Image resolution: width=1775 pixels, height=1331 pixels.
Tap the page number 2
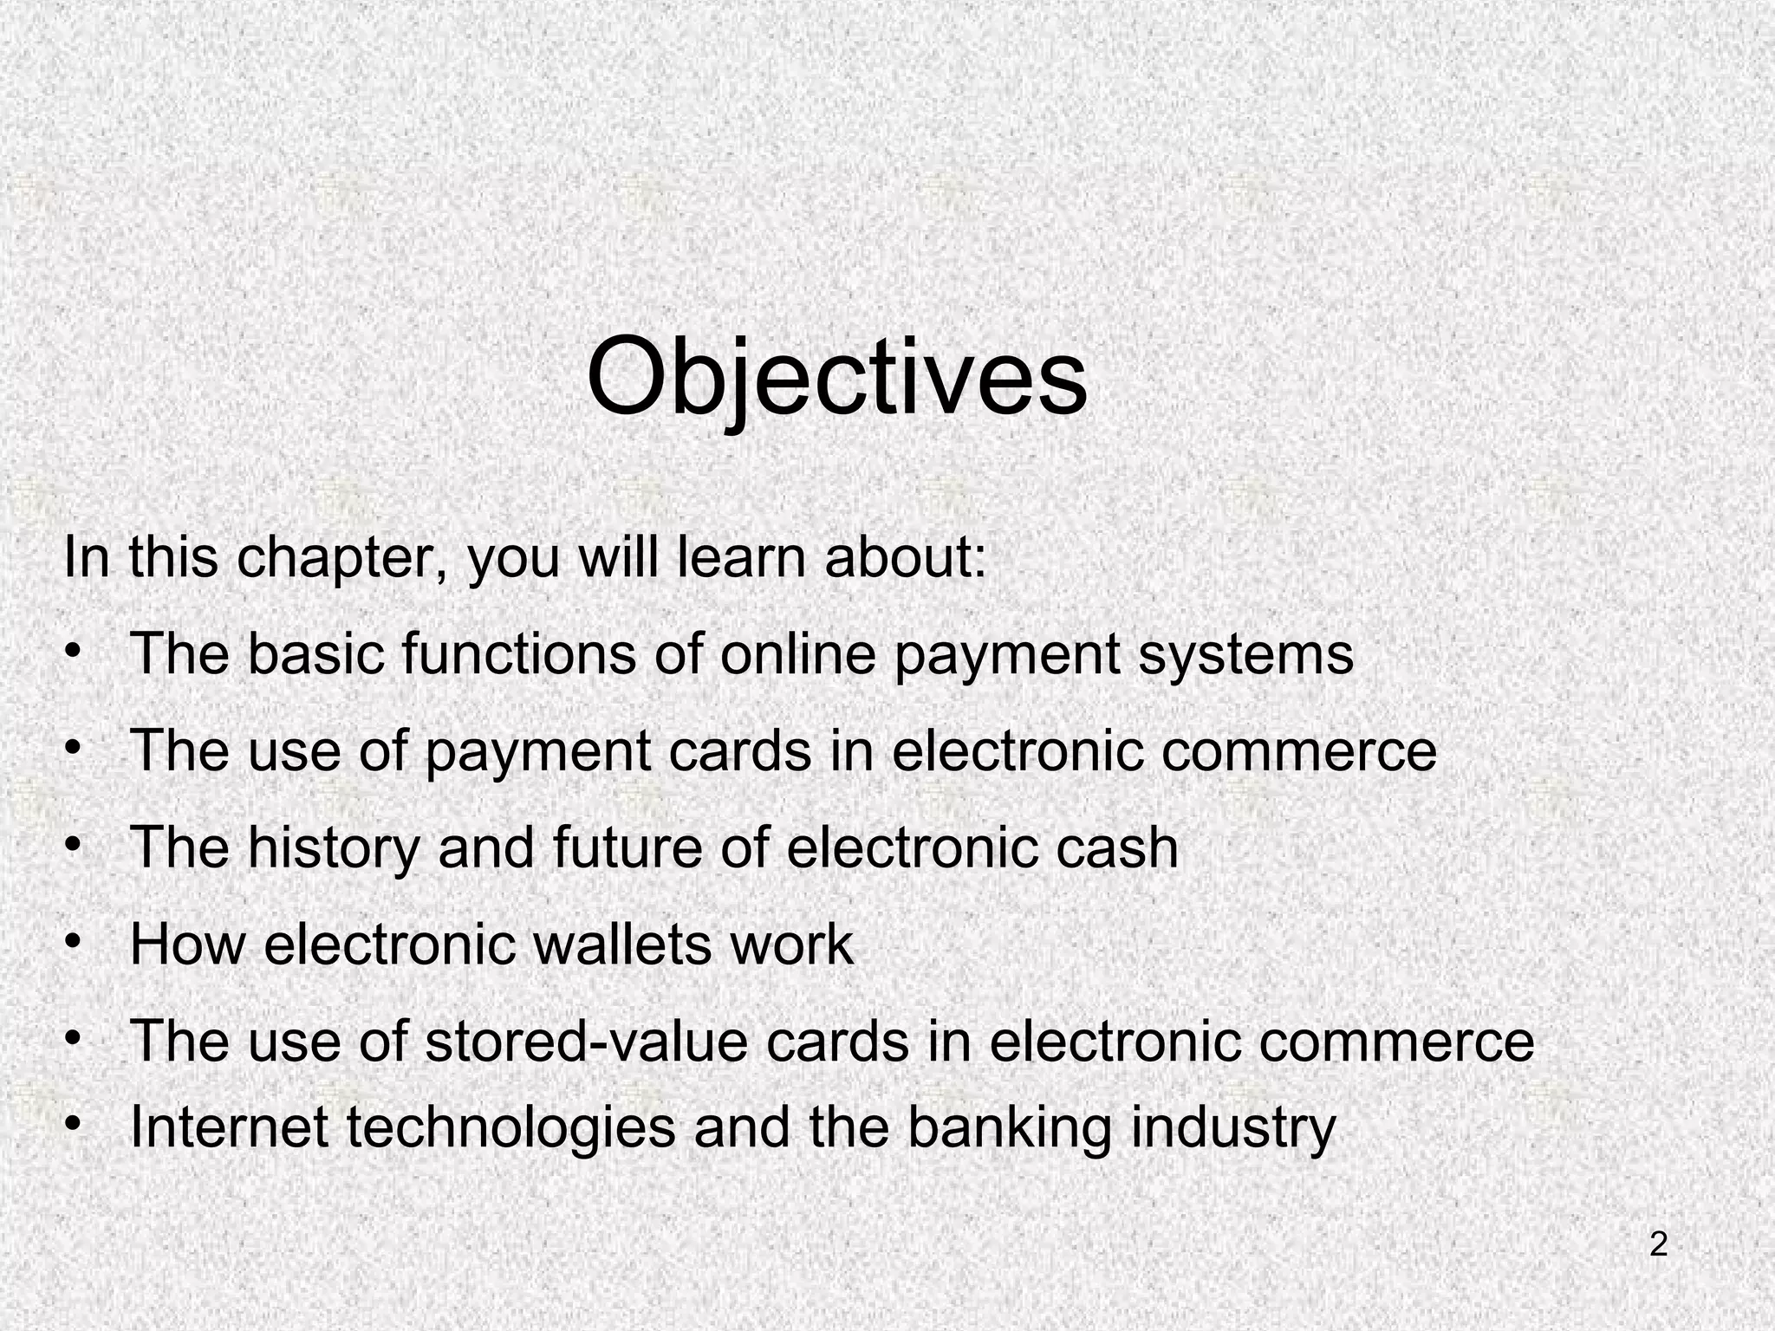(x=1658, y=1245)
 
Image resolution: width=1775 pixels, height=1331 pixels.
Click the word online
(x=798, y=654)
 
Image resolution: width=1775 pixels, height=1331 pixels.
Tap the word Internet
(x=229, y=1127)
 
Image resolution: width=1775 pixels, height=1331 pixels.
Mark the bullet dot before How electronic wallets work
(x=75, y=941)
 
